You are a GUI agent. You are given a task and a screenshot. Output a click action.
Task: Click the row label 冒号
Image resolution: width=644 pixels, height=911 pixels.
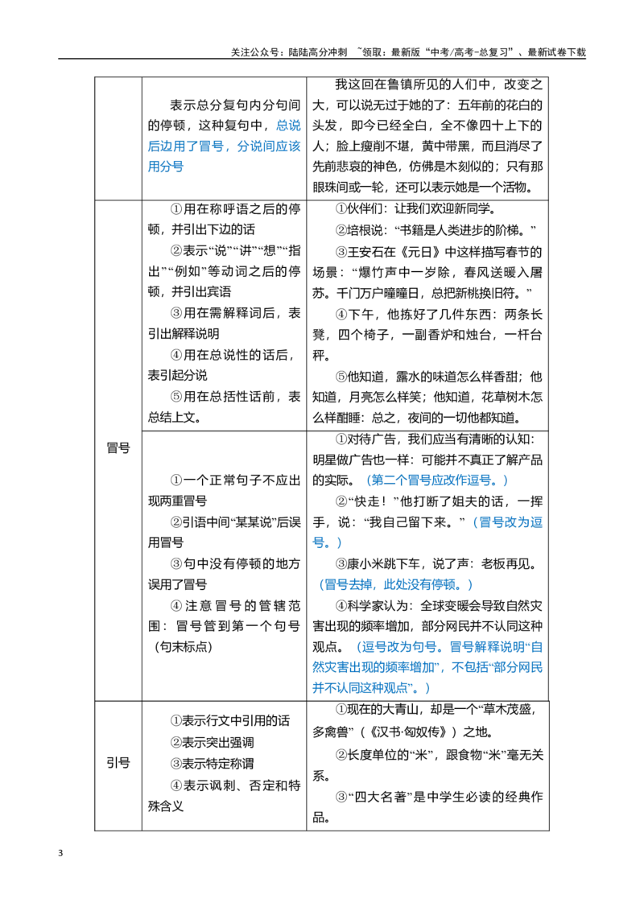[x=118, y=448]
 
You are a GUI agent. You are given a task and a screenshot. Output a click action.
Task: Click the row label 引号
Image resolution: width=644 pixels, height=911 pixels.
[x=118, y=763]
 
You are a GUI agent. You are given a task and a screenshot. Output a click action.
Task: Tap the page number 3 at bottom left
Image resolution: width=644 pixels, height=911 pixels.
[x=60, y=853]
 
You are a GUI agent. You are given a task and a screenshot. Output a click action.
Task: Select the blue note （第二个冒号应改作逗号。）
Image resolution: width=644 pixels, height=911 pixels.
[x=437, y=480]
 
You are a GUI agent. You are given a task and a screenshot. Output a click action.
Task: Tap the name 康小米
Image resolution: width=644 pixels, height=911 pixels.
[x=366, y=563]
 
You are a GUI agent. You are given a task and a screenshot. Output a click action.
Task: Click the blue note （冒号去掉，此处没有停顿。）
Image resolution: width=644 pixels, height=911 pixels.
[x=395, y=584]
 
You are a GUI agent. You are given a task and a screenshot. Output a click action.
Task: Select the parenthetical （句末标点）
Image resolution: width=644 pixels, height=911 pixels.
[x=183, y=647]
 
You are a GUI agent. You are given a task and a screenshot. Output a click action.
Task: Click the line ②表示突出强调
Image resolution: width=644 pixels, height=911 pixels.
[x=213, y=742]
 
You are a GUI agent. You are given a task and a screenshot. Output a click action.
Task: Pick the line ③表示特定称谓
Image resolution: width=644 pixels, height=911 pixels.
[x=213, y=764]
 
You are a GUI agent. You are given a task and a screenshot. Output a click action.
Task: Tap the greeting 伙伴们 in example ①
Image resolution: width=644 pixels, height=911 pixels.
[x=366, y=209]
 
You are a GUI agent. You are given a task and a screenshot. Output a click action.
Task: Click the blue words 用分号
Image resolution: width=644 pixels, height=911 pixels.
[x=166, y=167]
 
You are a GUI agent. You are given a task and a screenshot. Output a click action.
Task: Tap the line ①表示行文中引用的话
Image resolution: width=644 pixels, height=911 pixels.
[x=230, y=721]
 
